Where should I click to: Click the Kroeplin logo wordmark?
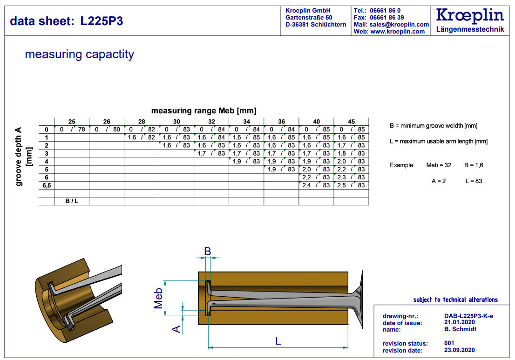(x=470, y=15)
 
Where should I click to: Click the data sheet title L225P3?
(x=67, y=21)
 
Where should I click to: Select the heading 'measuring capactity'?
(x=79, y=54)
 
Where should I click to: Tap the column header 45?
(x=351, y=122)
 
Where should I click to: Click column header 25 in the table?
(x=72, y=122)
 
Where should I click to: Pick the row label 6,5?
(x=46, y=185)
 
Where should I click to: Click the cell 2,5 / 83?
(x=351, y=185)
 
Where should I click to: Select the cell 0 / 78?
(x=72, y=129)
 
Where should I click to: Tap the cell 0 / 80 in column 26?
(x=107, y=129)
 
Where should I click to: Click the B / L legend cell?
(x=72, y=201)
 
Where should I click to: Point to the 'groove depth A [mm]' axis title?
(x=22, y=156)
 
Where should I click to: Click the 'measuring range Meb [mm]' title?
(x=203, y=111)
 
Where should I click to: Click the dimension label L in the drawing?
(x=278, y=341)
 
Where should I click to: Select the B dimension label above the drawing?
(x=208, y=251)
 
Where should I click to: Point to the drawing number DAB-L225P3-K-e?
(x=468, y=316)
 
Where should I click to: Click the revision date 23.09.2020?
(x=460, y=350)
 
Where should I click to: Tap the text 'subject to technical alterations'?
(x=455, y=299)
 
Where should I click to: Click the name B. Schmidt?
(x=461, y=329)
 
